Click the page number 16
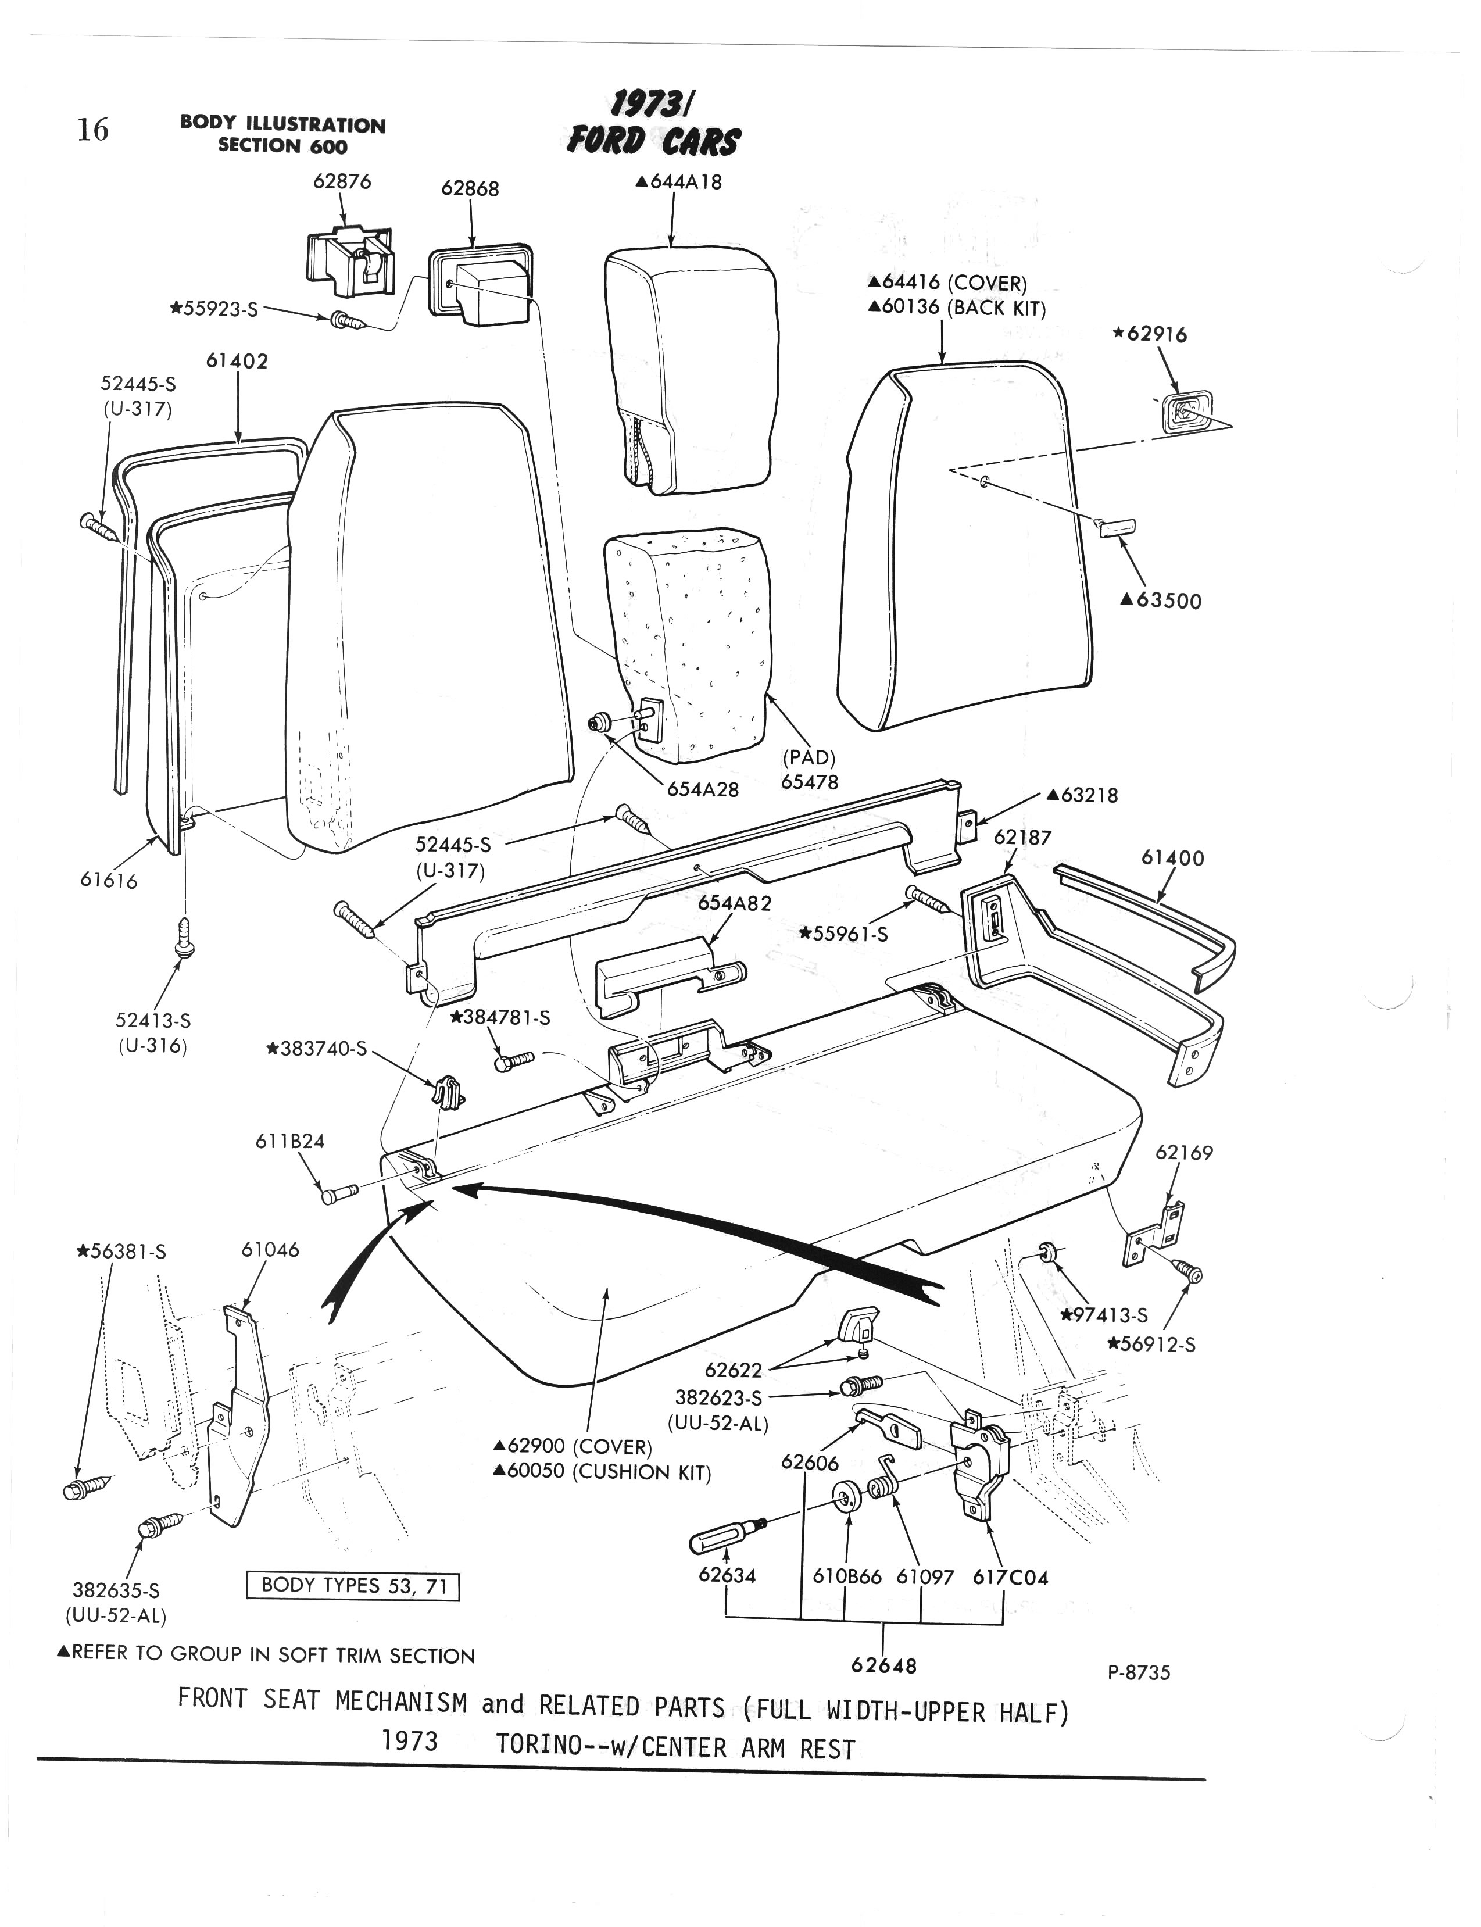point(92,130)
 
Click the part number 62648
point(883,1665)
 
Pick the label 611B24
point(290,1142)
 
